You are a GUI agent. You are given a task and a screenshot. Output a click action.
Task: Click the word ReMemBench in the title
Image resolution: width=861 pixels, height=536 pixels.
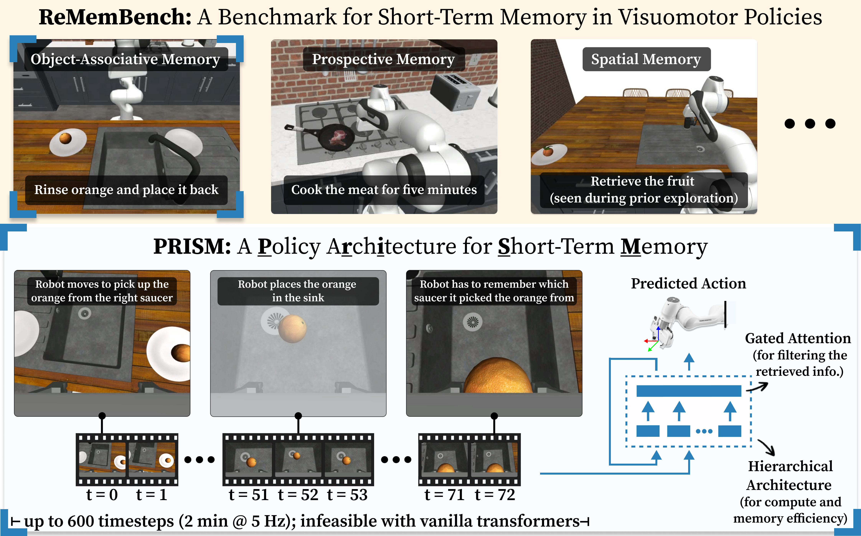[115, 17]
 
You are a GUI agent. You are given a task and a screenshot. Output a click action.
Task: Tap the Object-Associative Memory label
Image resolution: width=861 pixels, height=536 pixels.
[125, 59]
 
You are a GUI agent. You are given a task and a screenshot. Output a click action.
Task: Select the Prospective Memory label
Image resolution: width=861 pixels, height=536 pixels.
[383, 59]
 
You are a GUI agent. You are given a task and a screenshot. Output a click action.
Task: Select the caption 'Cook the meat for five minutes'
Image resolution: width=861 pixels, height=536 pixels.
[384, 190]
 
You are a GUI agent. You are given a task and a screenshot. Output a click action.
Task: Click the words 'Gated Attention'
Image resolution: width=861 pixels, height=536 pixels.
[797, 339]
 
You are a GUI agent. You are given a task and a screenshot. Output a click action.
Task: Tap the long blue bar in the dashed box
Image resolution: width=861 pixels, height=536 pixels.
[689, 391]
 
